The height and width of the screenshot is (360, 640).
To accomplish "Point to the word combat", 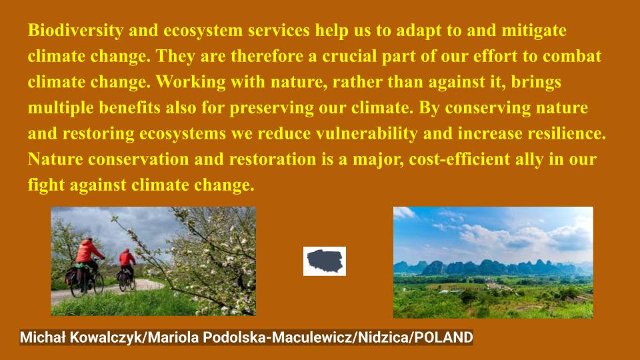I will pyautogui.click(x=571, y=57).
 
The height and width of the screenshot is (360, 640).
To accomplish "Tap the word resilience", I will pyautogui.click(x=563, y=133).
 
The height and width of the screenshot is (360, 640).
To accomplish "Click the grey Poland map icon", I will pyautogui.click(x=325, y=261).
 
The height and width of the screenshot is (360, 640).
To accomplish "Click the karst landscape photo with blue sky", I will pyautogui.click(x=493, y=262).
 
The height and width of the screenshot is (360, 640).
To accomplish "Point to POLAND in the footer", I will pyautogui.click(x=443, y=337).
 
